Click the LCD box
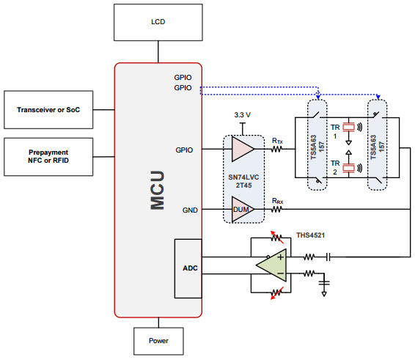(x=158, y=22)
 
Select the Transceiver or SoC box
(x=48, y=110)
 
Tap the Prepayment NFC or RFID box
(x=48, y=157)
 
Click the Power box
(x=158, y=341)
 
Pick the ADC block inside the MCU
(x=188, y=268)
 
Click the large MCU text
(x=158, y=191)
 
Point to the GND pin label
(x=190, y=210)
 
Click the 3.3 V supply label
(x=243, y=115)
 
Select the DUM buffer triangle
(x=243, y=209)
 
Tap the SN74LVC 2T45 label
(x=243, y=181)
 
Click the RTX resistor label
(x=277, y=141)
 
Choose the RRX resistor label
(x=278, y=201)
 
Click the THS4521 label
(x=310, y=235)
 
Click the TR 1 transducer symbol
(x=349, y=128)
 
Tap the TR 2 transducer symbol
(x=349, y=168)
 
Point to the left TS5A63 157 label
(x=317, y=147)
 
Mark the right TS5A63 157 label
(x=377, y=147)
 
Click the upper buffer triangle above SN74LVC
(x=243, y=149)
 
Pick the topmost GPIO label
(x=183, y=78)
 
